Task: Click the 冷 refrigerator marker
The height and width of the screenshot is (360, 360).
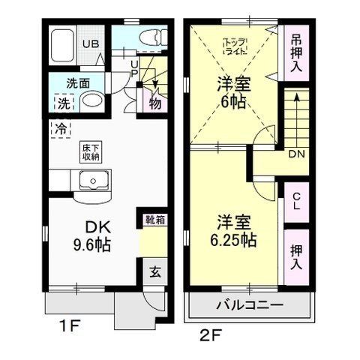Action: click(58, 127)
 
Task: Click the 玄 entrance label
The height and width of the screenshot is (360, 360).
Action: click(154, 272)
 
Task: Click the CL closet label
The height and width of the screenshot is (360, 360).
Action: click(295, 200)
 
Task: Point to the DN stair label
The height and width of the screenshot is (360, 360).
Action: click(295, 154)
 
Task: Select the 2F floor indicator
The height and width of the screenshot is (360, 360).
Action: click(212, 332)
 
